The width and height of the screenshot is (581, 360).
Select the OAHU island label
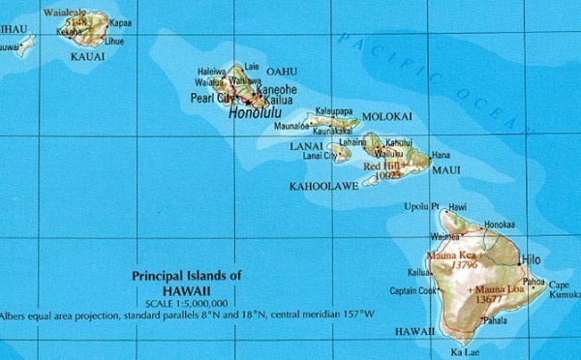pos(282,71)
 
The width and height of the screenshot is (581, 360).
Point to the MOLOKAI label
pos(386,116)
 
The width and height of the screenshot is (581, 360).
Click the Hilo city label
pos(531,260)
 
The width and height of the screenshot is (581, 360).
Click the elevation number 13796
pos(465,264)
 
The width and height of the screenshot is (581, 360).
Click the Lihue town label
pos(114,42)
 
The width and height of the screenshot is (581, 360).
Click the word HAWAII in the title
pos(187,289)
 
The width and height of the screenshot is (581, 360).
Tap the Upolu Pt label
pos(422,206)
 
